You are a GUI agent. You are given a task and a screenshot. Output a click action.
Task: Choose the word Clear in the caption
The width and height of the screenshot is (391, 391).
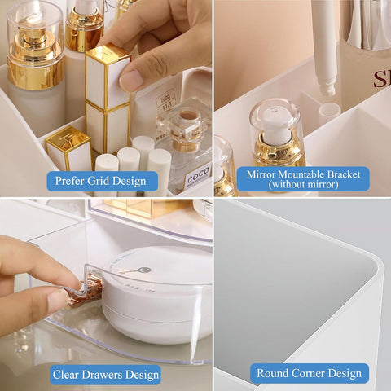tap(68, 376)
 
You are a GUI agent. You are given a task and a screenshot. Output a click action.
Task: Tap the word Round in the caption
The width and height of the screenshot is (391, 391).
tap(273, 374)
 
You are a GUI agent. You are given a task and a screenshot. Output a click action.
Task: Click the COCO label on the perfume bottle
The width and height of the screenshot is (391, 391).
tap(196, 175)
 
